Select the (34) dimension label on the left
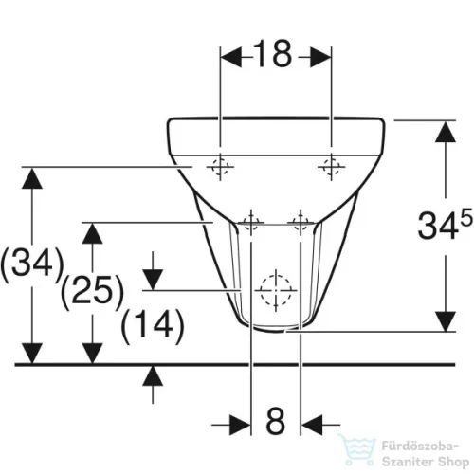click(32, 262)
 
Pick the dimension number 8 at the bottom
click(275, 418)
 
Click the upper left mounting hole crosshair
click(220, 168)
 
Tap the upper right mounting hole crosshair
click(330, 168)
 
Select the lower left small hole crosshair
click(251, 223)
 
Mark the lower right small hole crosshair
click(301, 223)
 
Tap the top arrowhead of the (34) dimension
click(33, 177)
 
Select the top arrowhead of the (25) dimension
click(91, 231)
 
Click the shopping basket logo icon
click(361, 447)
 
